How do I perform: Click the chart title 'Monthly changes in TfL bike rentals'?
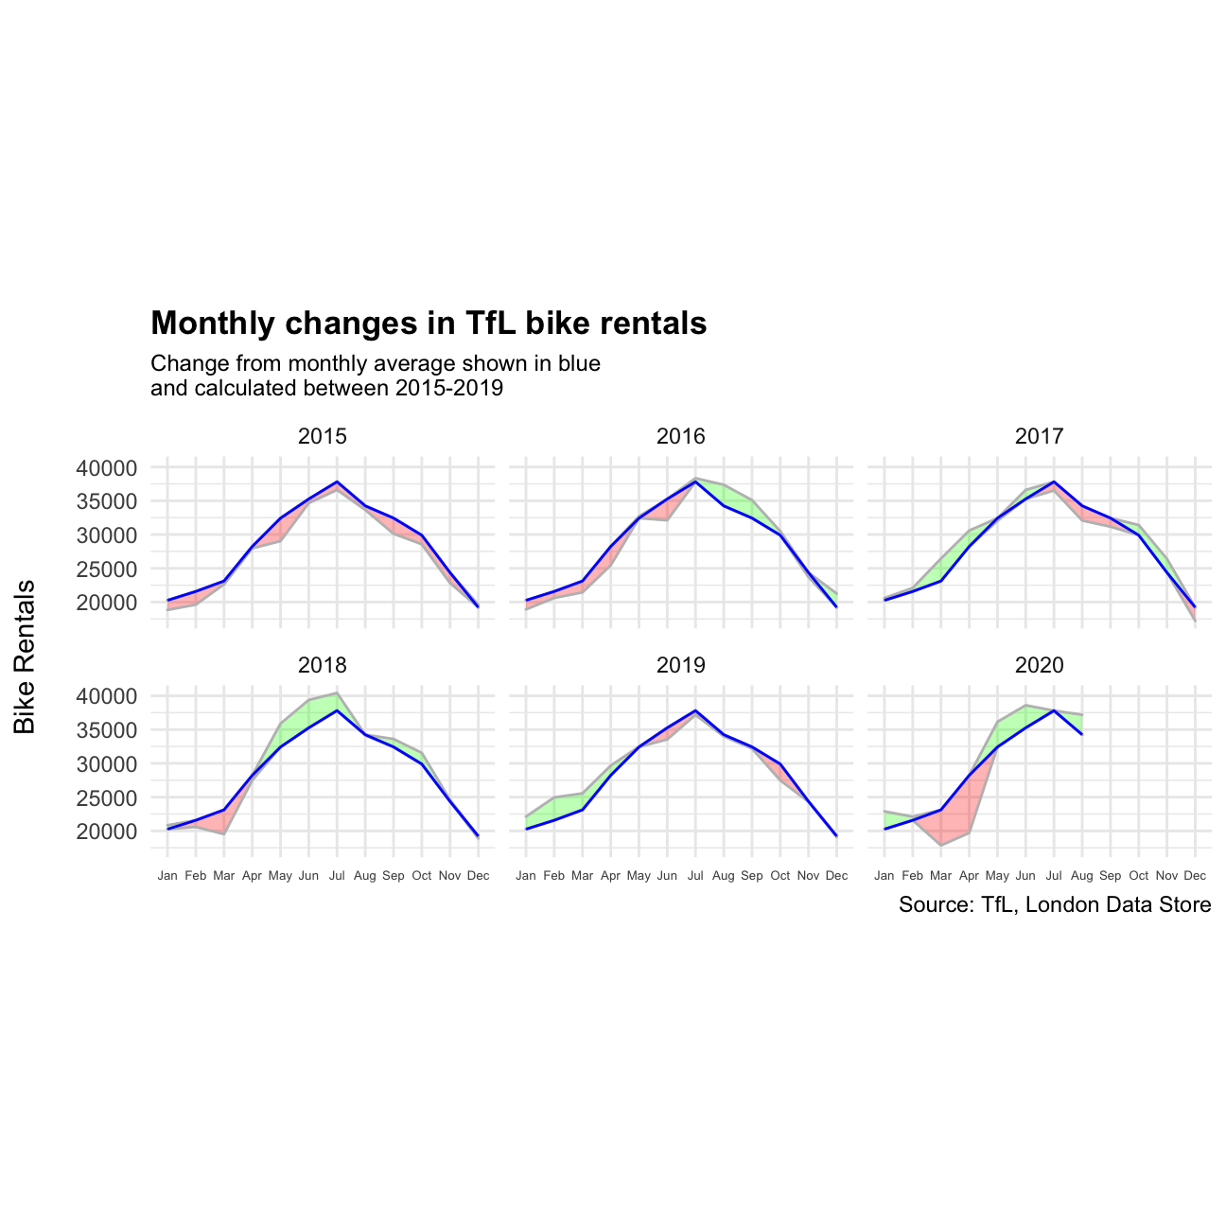click(x=429, y=324)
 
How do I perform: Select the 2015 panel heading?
click(x=322, y=436)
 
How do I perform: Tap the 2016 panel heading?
click(x=680, y=436)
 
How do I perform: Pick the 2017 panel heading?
click(x=1039, y=436)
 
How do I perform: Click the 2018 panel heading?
click(x=322, y=665)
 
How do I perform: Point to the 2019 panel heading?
click(x=680, y=665)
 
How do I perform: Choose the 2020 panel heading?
click(x=1039, y=665)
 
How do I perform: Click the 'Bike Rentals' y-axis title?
click(x=26, y=657)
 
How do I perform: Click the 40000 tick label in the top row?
click(x=105, y=468)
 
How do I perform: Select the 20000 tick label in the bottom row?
click(x=105, y=832)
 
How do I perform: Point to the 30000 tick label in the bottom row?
click(x=105, y=764)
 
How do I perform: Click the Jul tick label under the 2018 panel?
click(x=337, y=876)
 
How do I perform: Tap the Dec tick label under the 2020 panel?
click(x=1195, y=876)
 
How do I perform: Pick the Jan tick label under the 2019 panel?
click(x=526, y=876)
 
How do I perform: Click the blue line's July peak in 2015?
click(x=337, y=482)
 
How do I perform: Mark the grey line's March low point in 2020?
click(x=940, y=845)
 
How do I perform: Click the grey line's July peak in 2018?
click(x=337, y=692)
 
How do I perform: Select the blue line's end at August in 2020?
click(x=1081, y=734)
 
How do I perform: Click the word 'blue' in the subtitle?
click(x=579, y=364)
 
